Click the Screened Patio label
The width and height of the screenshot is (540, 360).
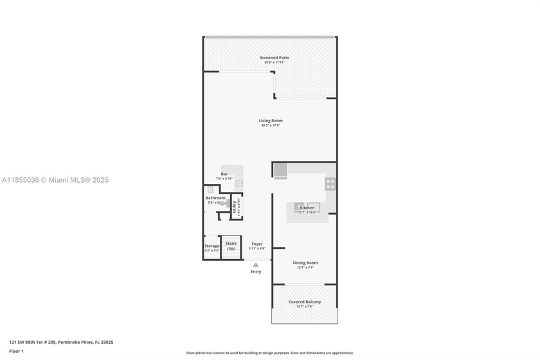point(274,58)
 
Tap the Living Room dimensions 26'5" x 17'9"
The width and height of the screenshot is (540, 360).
point(271,125)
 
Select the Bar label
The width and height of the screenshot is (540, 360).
point(224,174)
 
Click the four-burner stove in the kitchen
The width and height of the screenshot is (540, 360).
point(330,183)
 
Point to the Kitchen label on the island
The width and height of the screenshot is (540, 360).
point(307,208)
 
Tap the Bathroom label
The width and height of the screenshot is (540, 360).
point(215,198)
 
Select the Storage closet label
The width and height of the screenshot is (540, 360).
point(212,246)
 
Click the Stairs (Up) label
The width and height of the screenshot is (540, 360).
point(231,246)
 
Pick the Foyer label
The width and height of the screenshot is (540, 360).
point(257,244)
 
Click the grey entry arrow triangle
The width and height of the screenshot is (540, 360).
point(256,264)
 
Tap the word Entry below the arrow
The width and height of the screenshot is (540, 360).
point(256,271)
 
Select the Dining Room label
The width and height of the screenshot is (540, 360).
point(305,262)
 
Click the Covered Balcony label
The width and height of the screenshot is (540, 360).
point(305,301)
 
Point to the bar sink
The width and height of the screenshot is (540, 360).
point(239,183)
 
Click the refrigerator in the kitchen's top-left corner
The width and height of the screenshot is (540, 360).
point(281,170)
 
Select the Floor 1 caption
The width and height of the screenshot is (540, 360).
point(16,351)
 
